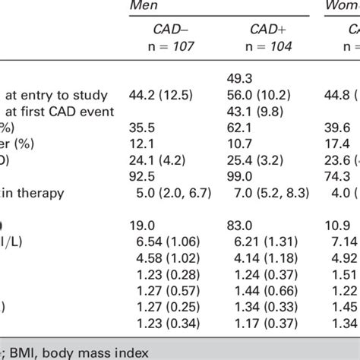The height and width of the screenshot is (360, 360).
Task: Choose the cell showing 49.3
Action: coord(240,81)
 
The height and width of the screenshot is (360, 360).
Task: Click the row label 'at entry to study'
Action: coord(58,96)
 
